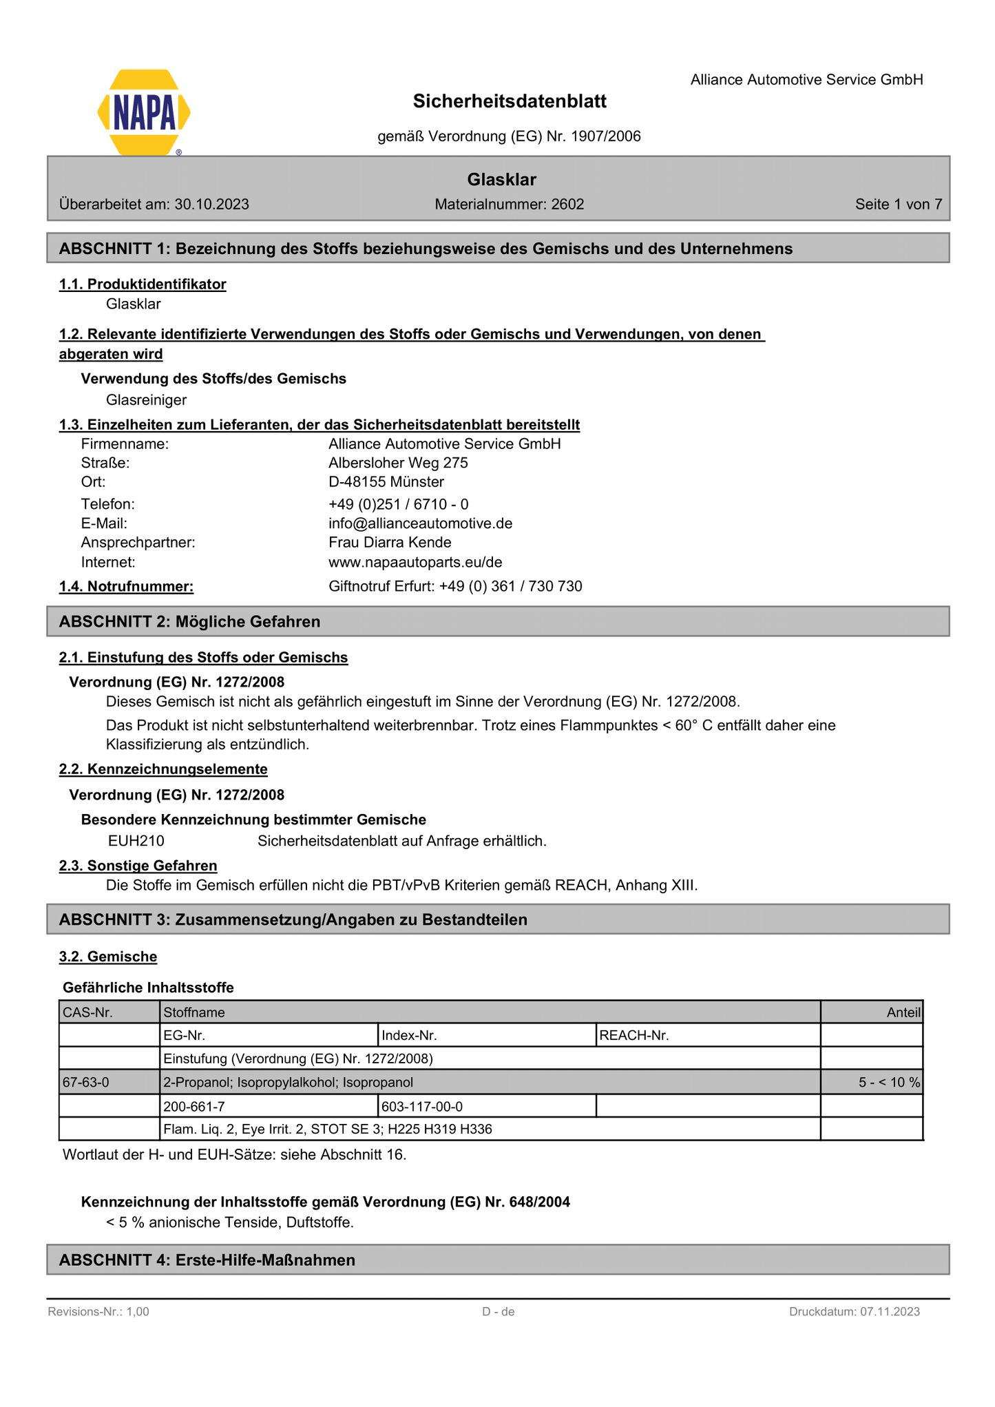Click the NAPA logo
pos(144,112)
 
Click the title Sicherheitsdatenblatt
pos(510,102)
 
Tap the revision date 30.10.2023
pos(212,205)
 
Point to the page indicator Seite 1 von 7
pos(898,205)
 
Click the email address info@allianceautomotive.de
pos(420,523)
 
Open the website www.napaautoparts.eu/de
pos(415,562)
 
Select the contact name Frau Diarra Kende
pos(390,543)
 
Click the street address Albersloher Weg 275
pos(398,463)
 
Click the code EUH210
pos(136,841)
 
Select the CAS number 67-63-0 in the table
pos(86,1083)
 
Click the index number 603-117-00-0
pos(421,1107)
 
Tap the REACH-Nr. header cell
pos(634,1035)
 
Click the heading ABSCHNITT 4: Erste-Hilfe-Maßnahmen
pos(207,1260)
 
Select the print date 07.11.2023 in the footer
pos(889,1312)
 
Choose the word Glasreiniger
pos(146,400)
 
